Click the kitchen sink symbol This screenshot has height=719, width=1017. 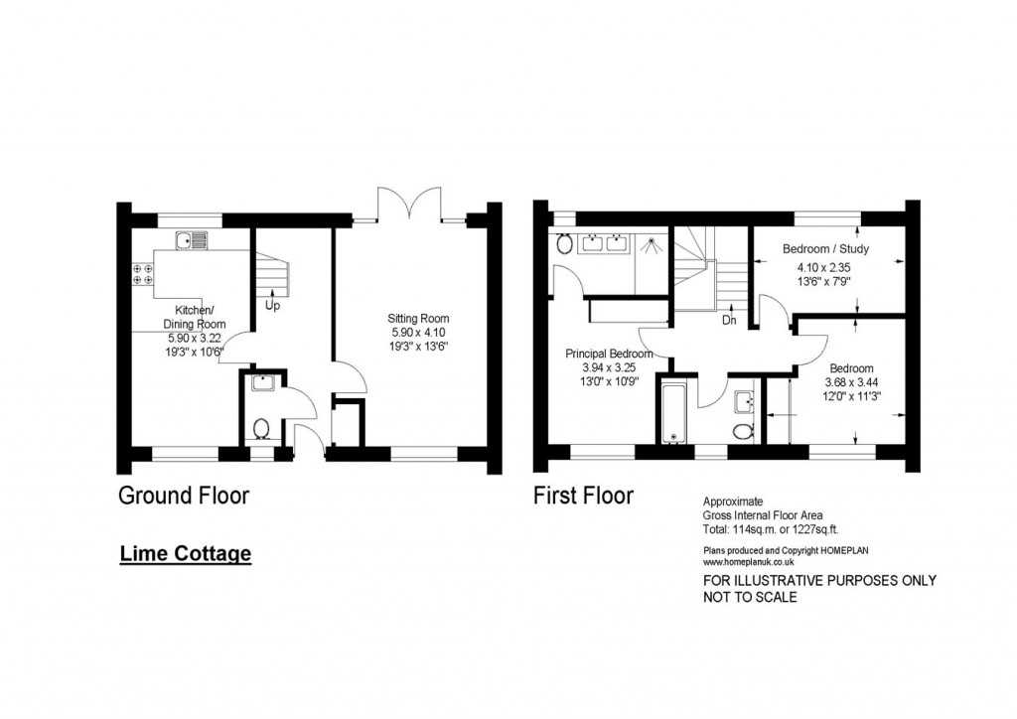point(192,240)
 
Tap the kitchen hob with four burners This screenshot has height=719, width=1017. point(143,273)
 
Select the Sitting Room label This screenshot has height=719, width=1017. point(418,319)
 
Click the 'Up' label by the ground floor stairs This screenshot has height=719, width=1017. point(272,305)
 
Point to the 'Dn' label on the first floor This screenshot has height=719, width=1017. point(729,321)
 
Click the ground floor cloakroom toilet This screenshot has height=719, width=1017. point(262,429)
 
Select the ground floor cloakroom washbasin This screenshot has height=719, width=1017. point(264,383)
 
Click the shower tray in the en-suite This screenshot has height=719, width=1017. point(650,243)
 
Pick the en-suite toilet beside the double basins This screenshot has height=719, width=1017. point(564,243)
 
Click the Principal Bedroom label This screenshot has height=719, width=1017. point(609,354)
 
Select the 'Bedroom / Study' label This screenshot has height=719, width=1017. point(825,248)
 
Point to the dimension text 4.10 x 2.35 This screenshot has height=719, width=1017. point(823,267)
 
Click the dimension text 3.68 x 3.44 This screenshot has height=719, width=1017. point(851,382)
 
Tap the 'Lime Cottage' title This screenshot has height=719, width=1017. point(186,554)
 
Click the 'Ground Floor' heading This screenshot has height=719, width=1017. point(184,496)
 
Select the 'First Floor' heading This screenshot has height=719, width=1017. point(583,496)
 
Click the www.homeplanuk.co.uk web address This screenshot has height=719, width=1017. point(749,562)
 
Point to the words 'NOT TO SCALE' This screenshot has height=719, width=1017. point(750,597)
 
